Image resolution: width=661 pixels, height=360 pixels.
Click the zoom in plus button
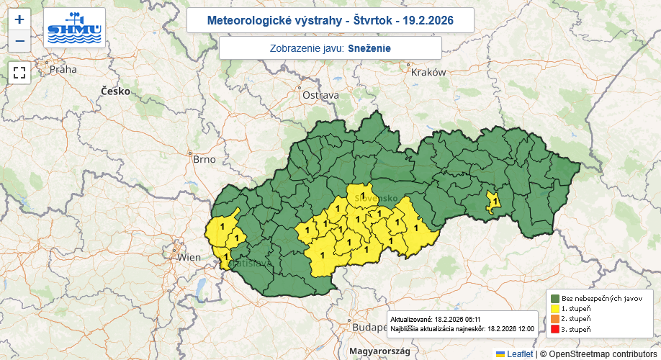19,20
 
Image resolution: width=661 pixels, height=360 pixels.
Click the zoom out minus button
19,41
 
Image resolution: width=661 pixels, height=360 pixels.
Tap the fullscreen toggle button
19,73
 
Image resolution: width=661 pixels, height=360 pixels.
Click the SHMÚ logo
74,28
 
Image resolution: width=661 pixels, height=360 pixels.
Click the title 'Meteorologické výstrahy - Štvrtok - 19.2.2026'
330,20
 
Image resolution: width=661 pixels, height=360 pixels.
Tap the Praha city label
63,70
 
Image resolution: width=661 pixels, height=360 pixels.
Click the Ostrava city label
320,95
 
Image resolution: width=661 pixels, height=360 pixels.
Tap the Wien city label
189,257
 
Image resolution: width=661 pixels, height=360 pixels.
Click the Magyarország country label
379,351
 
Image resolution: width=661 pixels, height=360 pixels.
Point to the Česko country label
115,91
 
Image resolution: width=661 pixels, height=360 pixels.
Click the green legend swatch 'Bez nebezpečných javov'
555,298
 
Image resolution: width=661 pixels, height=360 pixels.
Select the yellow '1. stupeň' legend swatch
555,308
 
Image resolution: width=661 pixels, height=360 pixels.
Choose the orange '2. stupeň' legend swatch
555,318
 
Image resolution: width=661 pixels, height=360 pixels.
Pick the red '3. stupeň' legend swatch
555,329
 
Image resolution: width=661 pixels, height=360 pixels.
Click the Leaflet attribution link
519,354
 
